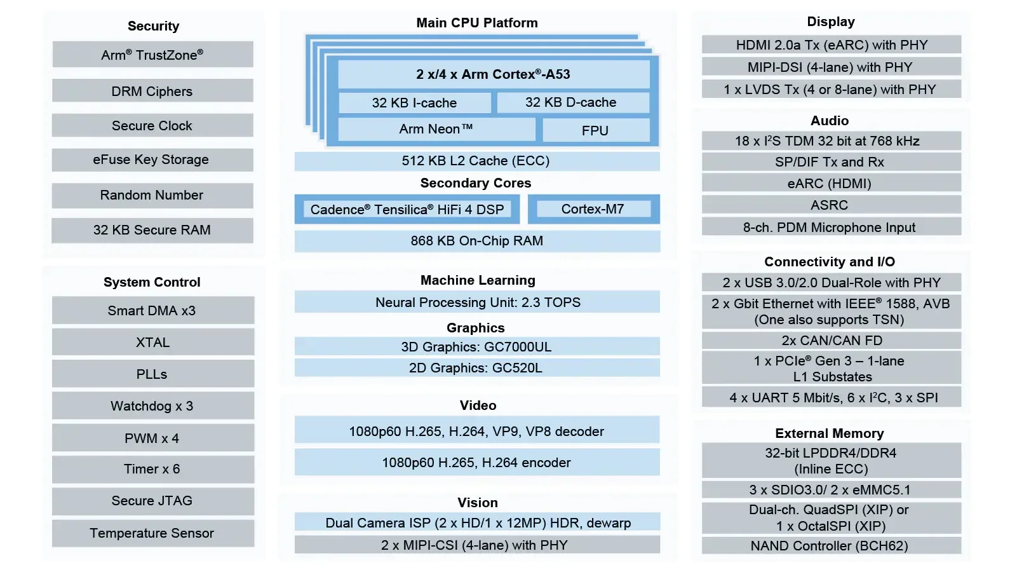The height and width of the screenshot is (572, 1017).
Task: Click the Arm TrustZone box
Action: pyautogui.click(x=152, y=55)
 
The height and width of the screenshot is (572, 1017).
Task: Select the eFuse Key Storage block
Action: pyautogui.click(x=152, y=160)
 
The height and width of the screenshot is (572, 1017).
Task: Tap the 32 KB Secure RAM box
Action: pyautogui.click(x=152, y=230)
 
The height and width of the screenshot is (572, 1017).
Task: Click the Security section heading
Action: pyautogui.click(x=153, y=26)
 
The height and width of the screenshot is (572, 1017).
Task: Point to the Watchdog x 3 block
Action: pyautogui.click(x=152, y=406)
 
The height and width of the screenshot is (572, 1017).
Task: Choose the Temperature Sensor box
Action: pyautogui.click(x=152, y=533)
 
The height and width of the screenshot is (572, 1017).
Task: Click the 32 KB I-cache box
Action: pyautogui.click(x=414, y=103)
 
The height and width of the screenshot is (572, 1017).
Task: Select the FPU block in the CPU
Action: pyautogui.click(x=595, y=130)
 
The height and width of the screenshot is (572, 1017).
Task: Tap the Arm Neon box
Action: pyautogui.click(x=436, y=129)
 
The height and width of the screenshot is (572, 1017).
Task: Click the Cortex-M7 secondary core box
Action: pyautogui.click(x=593, y=209)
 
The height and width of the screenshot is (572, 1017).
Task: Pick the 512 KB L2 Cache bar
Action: pyautogui.click(x=476, y=161)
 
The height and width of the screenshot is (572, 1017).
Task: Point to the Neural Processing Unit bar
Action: pyautogui.click(x=477, y=303)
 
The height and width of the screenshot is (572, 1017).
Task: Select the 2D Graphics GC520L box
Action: pyautogui.click(x=476, y=368)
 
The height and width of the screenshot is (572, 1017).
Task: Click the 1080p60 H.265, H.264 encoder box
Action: pyautogui.click(x=476, y=463)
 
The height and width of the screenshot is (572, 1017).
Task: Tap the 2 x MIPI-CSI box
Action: pyautogui.click(x=476, y=545)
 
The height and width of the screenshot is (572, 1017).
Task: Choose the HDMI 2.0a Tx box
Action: pyautogui.click(x=831, y=45)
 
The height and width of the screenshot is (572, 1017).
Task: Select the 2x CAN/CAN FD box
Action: pyautogui.click(x=831, y=341)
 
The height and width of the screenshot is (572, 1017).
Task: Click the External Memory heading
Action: pyautogui.click(x=830, y=433)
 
